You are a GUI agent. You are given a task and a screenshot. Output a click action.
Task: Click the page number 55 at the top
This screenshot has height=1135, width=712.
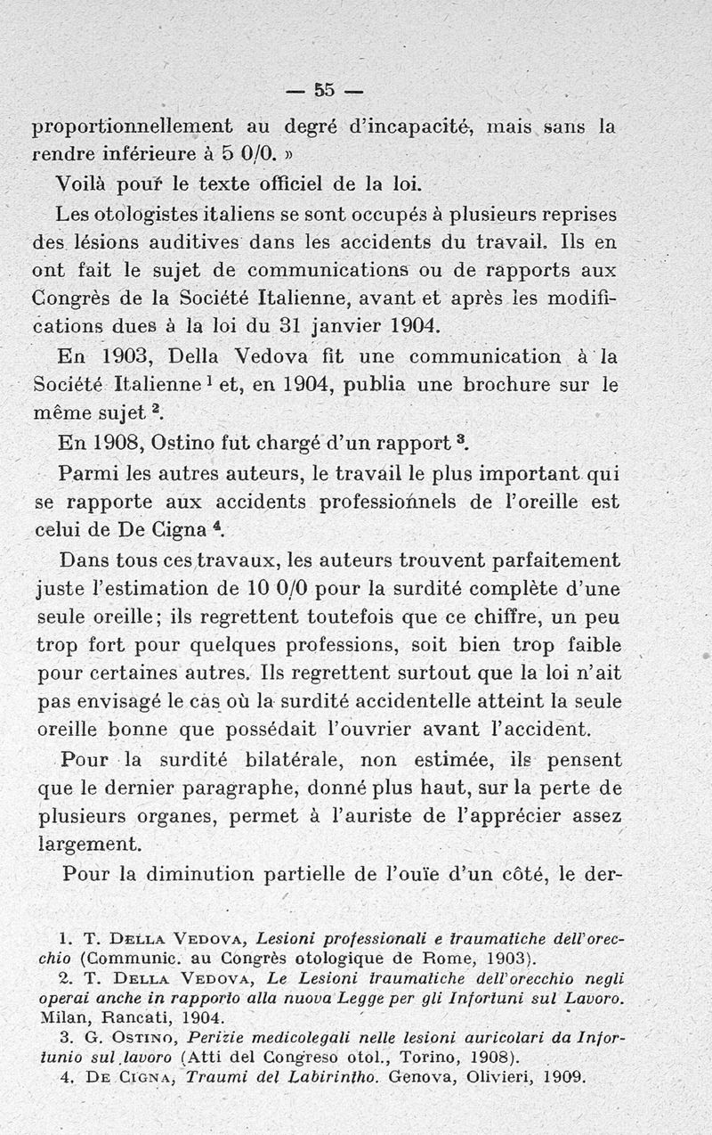pos(323,89)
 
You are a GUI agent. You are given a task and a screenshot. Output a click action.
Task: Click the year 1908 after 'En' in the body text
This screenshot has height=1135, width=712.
pos(111,443)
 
